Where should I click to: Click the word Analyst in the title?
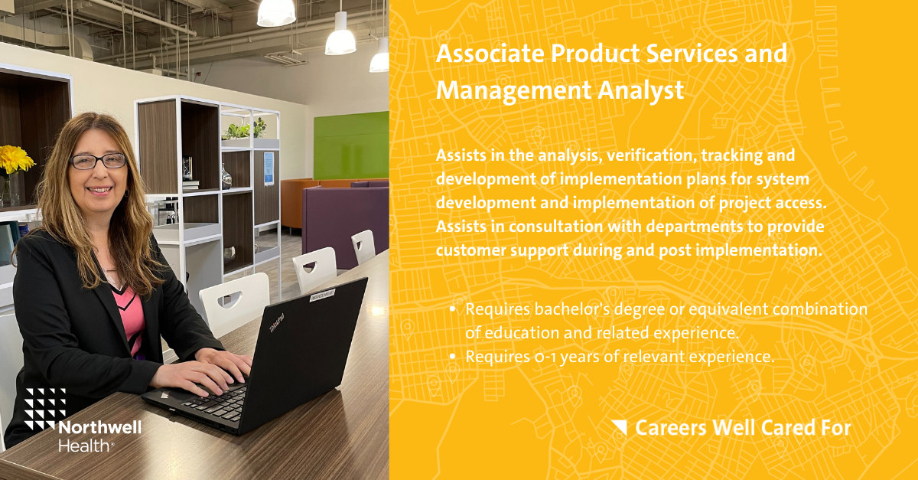click(x=640, y=90)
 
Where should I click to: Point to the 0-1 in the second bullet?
click(x=545, y=357)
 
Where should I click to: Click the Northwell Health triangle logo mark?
click(x=45, y=408)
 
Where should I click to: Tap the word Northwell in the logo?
click(x=100, y=428)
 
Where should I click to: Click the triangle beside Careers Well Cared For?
click(x=619, y=427)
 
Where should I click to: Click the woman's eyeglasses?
click(x=99, y=162)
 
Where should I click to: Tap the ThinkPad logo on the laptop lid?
click(x=277, y=322)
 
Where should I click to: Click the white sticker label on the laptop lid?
click(x=322, y=295)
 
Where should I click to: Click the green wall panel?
click(x=351, y=145)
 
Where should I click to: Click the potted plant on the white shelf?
click(x=245, y=129)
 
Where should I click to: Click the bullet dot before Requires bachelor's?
click(x=452, y=309)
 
